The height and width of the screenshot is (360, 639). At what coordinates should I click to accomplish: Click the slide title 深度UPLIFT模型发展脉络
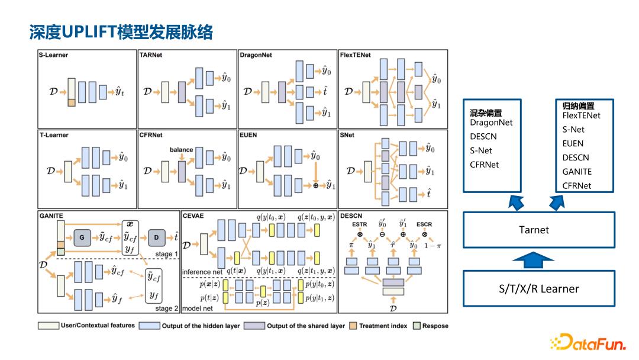pos(121,32)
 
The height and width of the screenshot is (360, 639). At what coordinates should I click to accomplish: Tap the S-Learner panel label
pos(54,55)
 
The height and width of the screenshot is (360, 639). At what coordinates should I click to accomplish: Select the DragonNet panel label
pos(256,55)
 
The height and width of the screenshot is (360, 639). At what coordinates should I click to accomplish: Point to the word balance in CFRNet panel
pos(181,150)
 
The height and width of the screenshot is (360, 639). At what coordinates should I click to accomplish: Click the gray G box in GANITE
pos(82,238)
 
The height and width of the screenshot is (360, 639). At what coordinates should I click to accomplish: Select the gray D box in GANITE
pos(156,238)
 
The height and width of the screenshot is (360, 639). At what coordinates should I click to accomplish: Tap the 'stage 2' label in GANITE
pos(167,308)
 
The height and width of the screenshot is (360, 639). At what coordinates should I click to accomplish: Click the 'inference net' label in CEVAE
pos(202,272)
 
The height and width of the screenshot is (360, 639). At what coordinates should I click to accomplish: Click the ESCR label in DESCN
pos(424,224)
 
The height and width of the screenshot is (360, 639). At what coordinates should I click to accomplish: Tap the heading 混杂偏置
pos(486,112)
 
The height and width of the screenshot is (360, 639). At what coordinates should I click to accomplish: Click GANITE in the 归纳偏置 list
pos(577,172)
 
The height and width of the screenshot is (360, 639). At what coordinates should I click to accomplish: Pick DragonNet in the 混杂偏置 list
pos(491,123)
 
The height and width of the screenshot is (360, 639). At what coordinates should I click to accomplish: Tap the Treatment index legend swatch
pos(353,326)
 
